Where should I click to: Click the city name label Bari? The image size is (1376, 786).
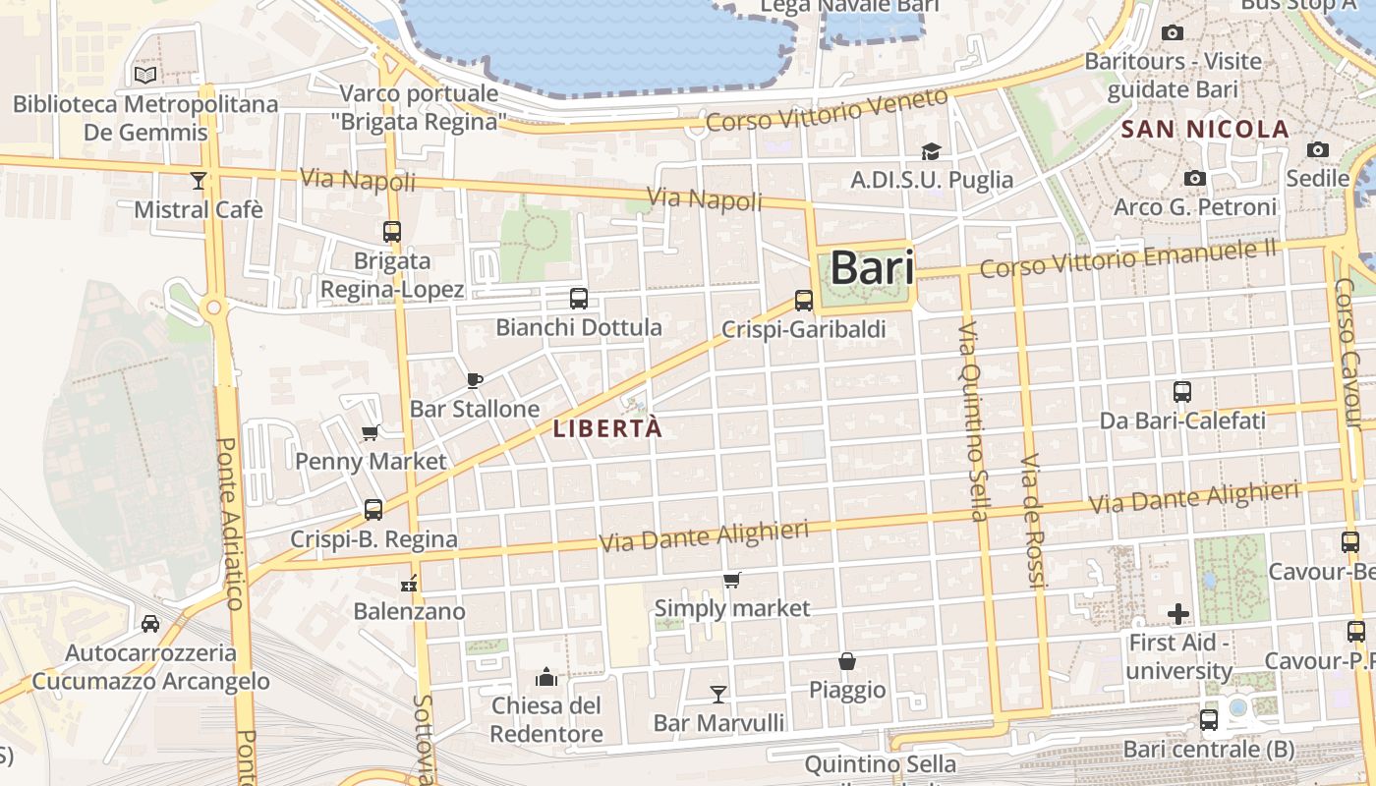click(873, 268)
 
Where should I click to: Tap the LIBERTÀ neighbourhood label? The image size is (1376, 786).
click(607, 429)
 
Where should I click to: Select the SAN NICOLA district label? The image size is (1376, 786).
click(1204, 129)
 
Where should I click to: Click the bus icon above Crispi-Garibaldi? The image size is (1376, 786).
click(804, 301)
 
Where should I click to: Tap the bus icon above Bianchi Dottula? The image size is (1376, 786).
click(579, 298)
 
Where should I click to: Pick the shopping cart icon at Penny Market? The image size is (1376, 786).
click(371, 432)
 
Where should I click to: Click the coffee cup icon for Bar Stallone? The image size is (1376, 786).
click(475, 380)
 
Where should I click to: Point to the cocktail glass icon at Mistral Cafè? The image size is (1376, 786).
click(199, 180)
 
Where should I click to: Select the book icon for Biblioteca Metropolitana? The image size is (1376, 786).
click(145, 75)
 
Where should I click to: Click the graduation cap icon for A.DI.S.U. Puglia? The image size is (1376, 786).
click(931, 151)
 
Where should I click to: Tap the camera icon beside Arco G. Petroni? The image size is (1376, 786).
click(1195, 178)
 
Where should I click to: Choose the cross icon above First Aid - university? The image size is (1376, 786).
click(1178, 615)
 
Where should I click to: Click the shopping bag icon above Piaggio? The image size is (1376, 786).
click(846, 661)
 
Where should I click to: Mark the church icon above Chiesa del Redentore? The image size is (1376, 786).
click(545, 677)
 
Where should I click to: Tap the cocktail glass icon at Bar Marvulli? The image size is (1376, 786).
click(718, 695)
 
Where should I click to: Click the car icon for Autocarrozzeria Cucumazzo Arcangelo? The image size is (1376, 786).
click(150, 624)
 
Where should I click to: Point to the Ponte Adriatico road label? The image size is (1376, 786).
click(229, 523)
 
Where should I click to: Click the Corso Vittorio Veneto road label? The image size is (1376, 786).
click(828, 110)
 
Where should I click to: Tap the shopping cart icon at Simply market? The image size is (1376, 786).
click(731, 581)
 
